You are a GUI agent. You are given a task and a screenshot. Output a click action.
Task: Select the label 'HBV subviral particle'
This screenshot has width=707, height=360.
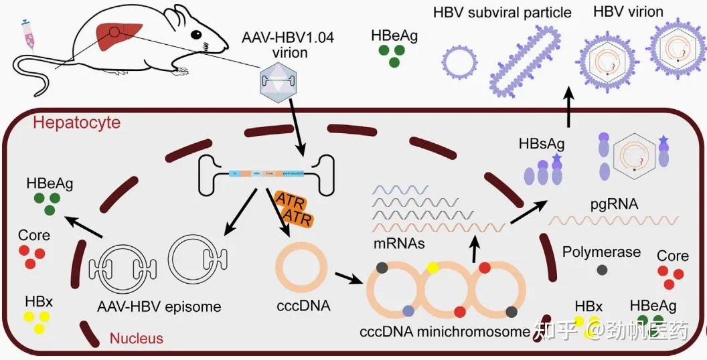[x=502, y=13]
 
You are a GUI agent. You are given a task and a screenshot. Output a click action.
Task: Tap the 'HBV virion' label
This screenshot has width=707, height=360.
[x=628, y=11]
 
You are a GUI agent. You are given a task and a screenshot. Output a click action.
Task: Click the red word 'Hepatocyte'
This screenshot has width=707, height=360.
[x=76, y=122]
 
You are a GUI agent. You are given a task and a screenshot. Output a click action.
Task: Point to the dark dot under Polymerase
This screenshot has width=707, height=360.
[x=602, y=270]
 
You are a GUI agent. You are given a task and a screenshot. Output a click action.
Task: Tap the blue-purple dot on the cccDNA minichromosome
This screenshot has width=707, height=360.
[x=408, y=310]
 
